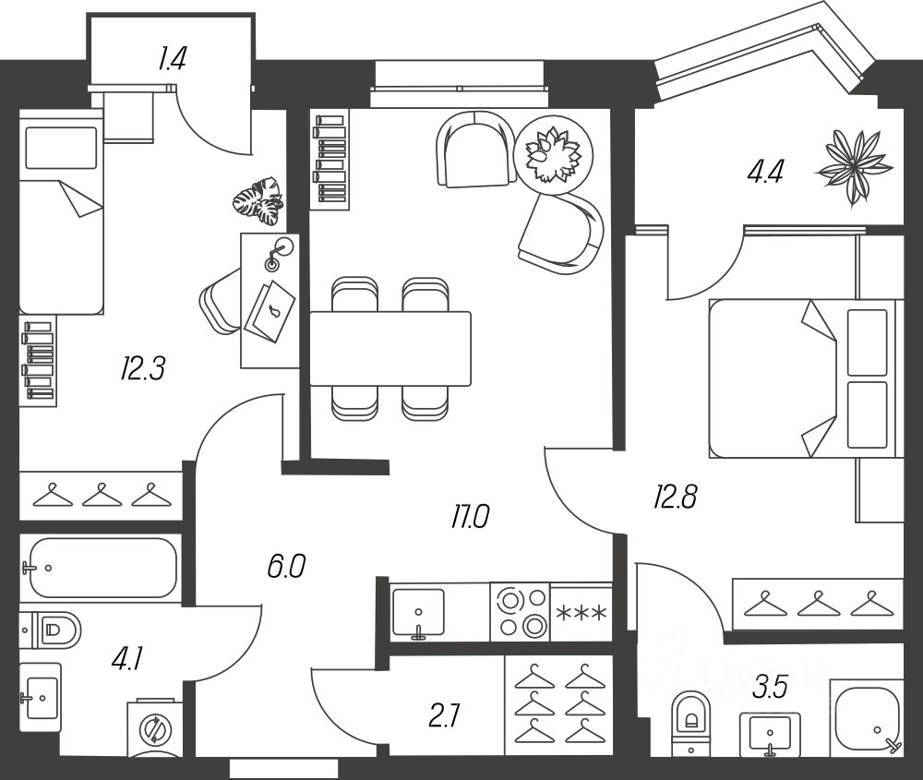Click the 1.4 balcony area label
point(173,60)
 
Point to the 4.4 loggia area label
point(766,173)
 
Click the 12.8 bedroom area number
point(675,499)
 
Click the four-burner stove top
point(519,612)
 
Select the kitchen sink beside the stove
point(418,612)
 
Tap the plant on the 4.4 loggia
point(855,168)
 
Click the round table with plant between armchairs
point(551,155)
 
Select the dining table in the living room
point(390,348)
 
